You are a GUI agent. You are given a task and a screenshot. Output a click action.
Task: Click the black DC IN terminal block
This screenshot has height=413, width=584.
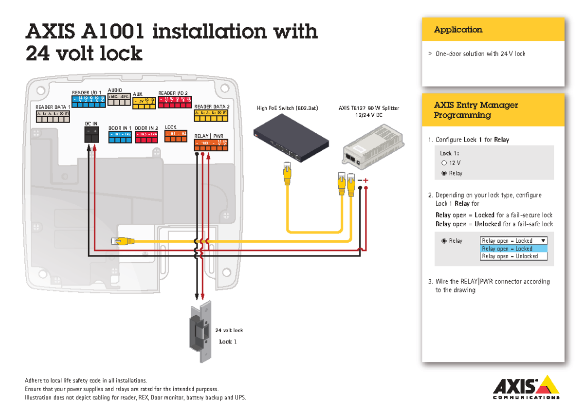point(91,135)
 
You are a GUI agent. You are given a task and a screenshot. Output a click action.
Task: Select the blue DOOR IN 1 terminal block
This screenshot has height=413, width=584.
point(120,136)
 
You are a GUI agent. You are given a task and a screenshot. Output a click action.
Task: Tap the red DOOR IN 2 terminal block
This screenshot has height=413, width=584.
point(146,136)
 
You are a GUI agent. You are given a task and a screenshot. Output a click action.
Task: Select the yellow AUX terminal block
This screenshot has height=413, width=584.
point(145,101)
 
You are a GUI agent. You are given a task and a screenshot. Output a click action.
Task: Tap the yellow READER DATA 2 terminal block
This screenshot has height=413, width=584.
point(211,115)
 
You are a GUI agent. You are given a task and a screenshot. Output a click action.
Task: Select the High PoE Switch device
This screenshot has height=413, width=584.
point(290,141)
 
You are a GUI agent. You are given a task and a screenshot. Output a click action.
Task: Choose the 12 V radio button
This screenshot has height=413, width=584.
point(444,163)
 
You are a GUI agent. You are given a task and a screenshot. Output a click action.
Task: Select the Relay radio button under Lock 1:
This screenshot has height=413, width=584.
point(444,173)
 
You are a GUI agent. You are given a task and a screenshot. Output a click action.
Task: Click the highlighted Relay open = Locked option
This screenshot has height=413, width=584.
point(513,249)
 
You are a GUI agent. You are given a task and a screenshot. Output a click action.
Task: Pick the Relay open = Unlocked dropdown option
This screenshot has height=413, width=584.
point(513,256)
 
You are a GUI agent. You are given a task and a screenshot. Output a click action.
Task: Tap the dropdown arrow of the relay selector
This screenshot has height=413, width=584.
point(543,241)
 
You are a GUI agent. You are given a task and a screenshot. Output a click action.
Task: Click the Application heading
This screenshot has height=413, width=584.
point(458,30)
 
